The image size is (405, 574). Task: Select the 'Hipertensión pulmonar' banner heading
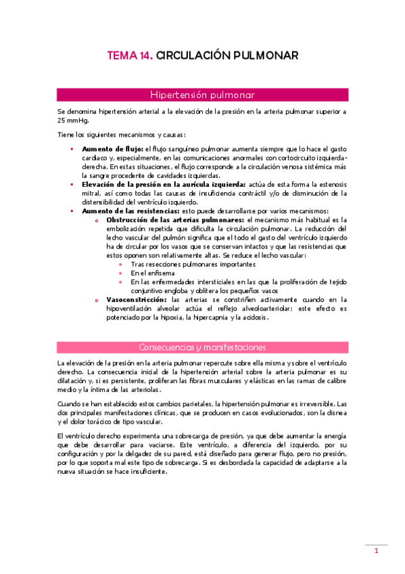click(x=202, y=94)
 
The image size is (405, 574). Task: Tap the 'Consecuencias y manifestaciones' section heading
click(x=202, y=347)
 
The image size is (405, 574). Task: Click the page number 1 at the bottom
click(x=376, y=552)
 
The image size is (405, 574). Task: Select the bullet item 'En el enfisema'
click(x=152, y=272)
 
